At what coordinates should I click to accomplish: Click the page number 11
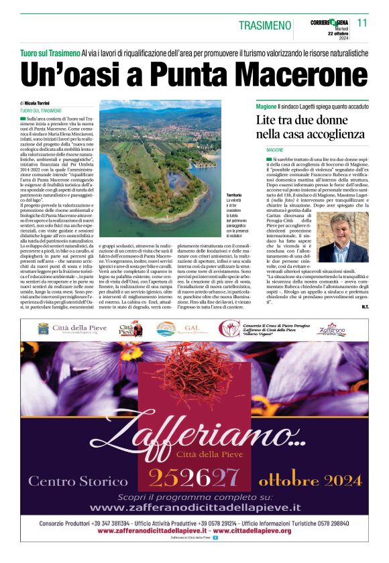[362, 23]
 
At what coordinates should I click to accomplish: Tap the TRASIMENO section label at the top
[266, 25]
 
